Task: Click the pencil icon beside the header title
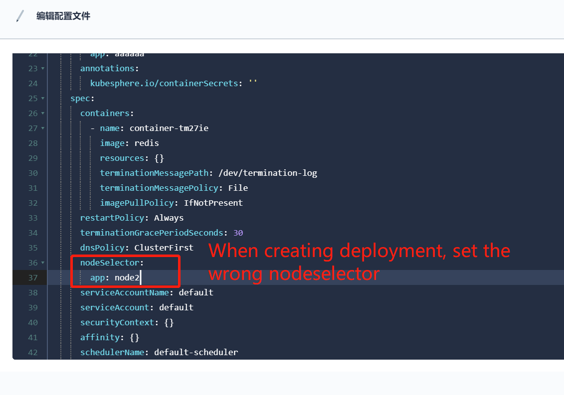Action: (x=20, y=16)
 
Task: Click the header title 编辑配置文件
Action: (x=63, y=16)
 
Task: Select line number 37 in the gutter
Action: (x=33, y=277)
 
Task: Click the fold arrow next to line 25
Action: (x=42, y=98)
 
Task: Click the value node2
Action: (x=127, y=277)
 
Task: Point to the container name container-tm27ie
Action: (x=169, y=128)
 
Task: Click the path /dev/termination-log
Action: (x=268, y=173)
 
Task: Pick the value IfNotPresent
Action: (x=213, y=203)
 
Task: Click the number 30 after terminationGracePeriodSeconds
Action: (x=238, y=233)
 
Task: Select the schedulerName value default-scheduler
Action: (x=196, y=352)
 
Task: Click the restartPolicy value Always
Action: (x=169, y=218)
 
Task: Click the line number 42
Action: (x=33, y=352)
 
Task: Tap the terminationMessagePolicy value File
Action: (x=238, y=188)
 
